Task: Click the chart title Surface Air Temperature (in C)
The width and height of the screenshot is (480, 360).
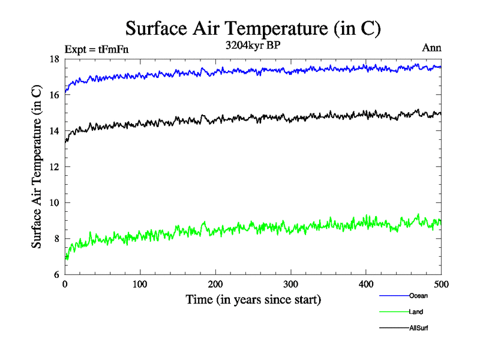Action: tap(253, 28)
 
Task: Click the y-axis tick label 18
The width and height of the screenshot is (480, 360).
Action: tap(54, 59)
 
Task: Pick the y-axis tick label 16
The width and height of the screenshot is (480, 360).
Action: tap(54, 95)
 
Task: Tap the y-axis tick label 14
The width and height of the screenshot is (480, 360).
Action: tap(54, 131)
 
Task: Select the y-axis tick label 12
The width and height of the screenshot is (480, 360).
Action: tap(54, 167)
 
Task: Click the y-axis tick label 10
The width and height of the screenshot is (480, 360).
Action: tap(54, 203)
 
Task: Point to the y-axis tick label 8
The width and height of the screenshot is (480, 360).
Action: tap(56, 239)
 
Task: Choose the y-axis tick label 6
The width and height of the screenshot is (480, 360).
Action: tap(56, 274)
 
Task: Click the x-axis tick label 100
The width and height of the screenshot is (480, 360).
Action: tap(140, 284)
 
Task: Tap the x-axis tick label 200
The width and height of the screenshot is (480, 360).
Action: tap(215, 284)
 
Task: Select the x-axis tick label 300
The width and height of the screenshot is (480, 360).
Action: tap(290, 284)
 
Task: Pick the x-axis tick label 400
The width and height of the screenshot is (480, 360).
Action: tap(366, 284)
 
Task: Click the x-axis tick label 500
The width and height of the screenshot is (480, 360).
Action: tap(441, 284)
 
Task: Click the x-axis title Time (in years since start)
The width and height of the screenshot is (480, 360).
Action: tap(253, 299)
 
